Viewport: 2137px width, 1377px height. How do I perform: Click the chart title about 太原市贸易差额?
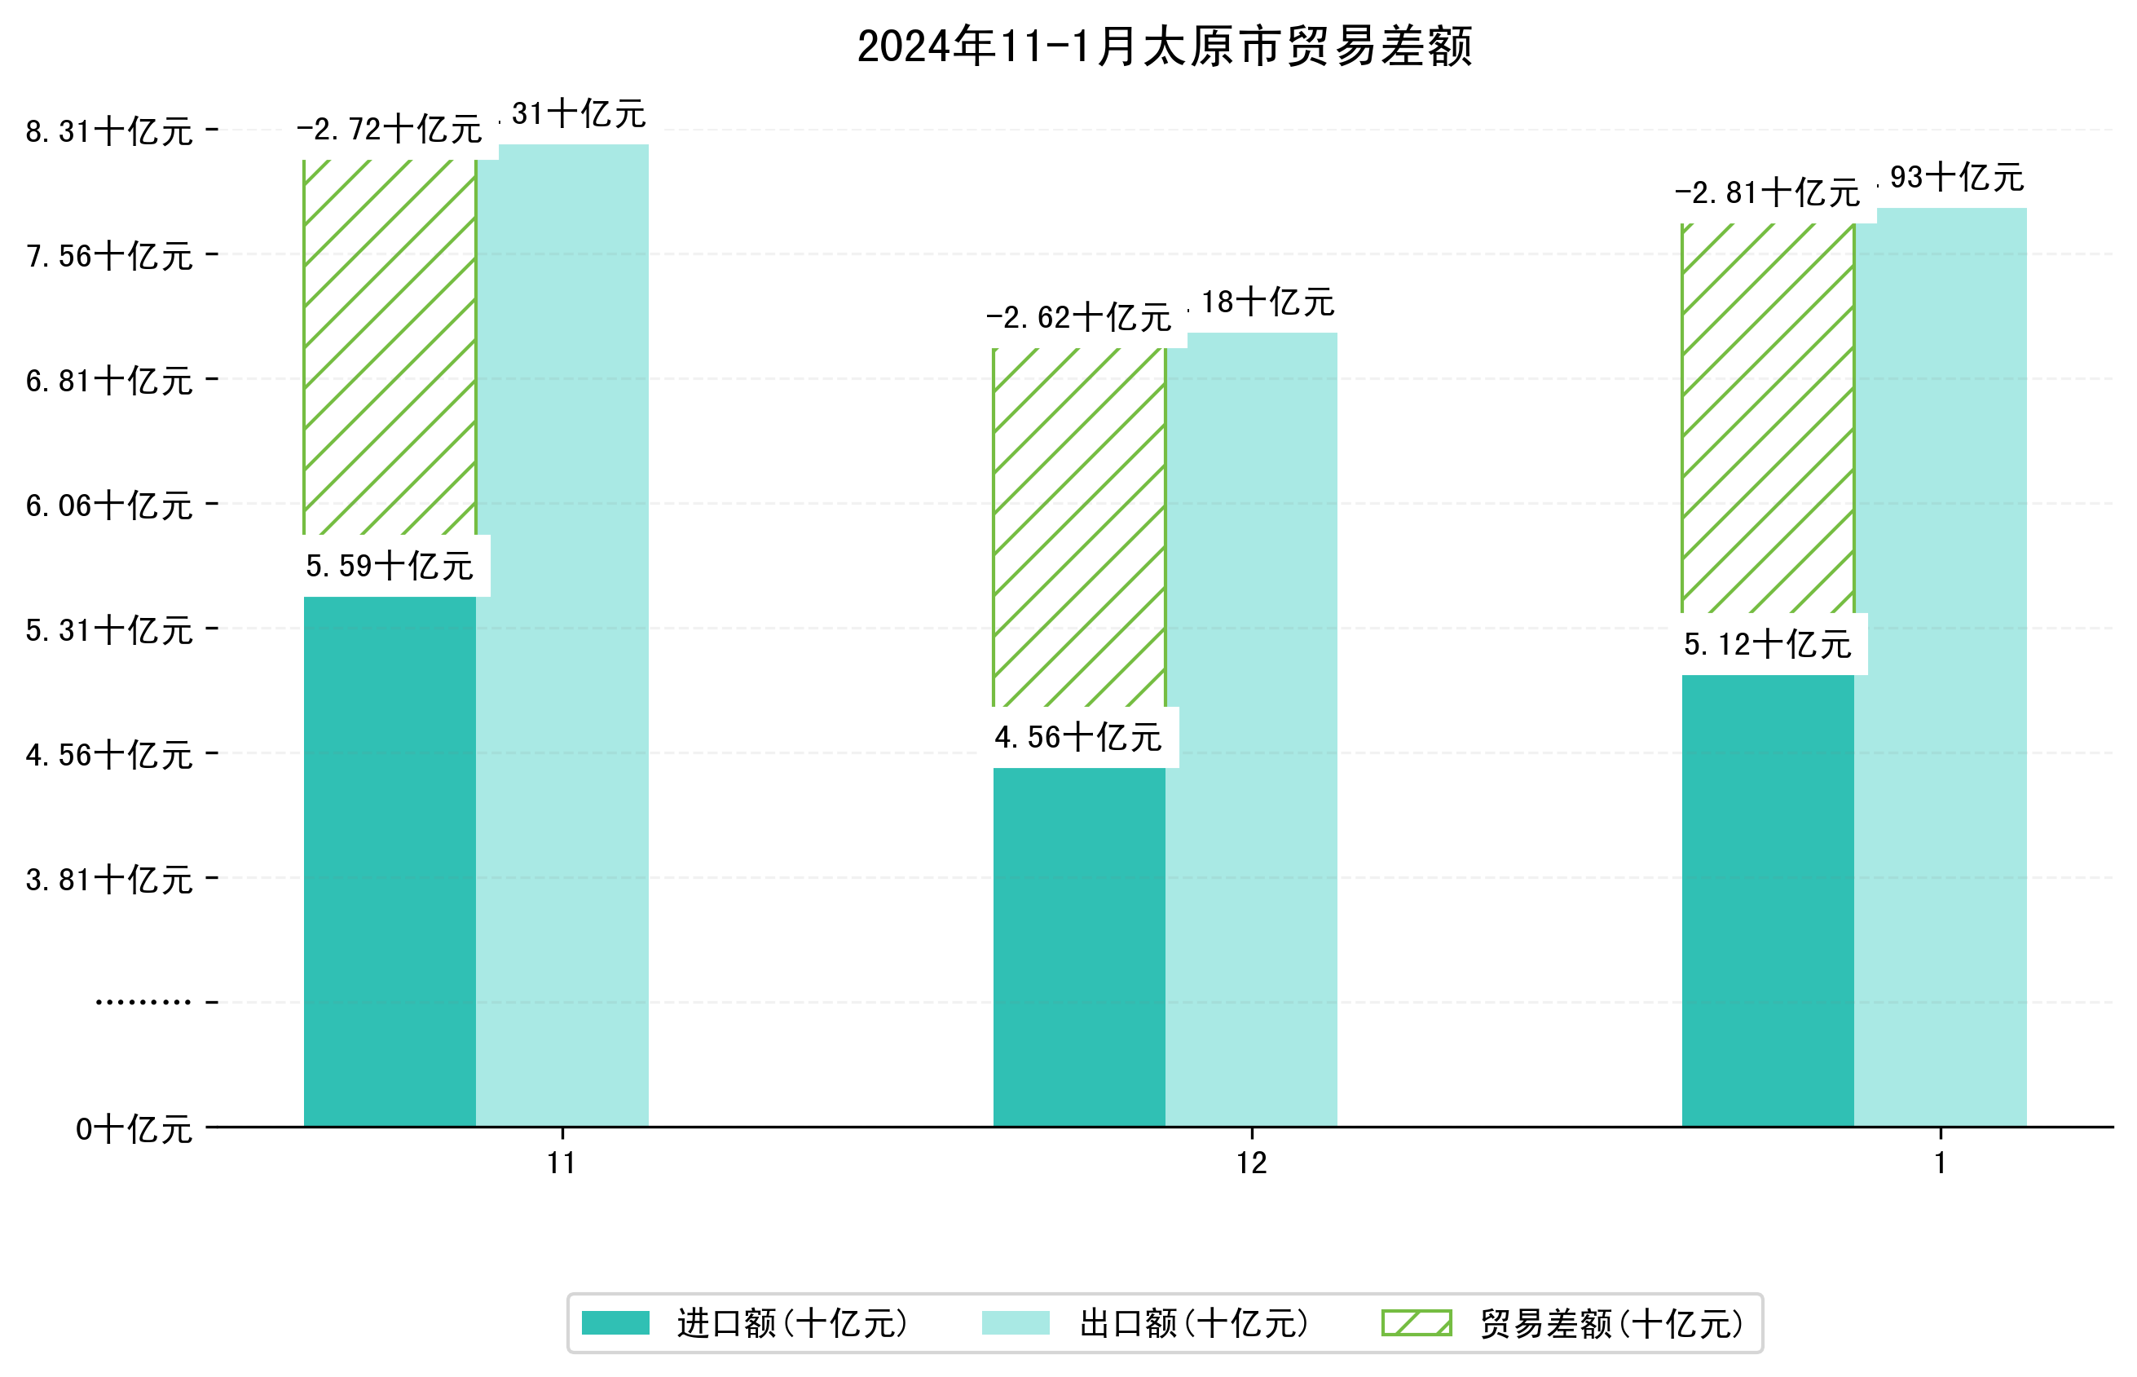coord(1164,46)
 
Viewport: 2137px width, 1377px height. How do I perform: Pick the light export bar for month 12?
coord(1251,729)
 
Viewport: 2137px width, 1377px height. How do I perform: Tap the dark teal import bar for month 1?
coord(1767,899)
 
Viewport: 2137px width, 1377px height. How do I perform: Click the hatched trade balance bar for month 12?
coord(1079,527)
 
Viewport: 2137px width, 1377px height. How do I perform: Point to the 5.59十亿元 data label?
coord(390,566)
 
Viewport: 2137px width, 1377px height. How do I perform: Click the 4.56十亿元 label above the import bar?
coord(1078,738)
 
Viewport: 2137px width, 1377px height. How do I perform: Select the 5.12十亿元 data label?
coord(1767,645)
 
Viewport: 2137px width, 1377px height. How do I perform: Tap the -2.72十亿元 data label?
coord(390,130)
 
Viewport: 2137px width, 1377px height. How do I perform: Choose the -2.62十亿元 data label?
coord(1078,318)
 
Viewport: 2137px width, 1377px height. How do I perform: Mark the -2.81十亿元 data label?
coord(1767,193)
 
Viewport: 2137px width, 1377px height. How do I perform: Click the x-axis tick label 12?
coord(1251,1163)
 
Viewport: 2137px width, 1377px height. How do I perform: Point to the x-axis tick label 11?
coord(562,1163)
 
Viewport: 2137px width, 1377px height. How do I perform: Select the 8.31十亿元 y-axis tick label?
coord(109,132)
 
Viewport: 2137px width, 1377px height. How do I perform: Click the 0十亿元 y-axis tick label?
coord(134,1129)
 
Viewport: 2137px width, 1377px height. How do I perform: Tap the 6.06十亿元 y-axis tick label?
coord(109,506)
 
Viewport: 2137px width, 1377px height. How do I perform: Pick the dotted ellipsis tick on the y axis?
coord(143,1002)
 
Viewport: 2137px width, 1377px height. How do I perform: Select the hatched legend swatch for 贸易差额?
coord(1416,1323)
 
